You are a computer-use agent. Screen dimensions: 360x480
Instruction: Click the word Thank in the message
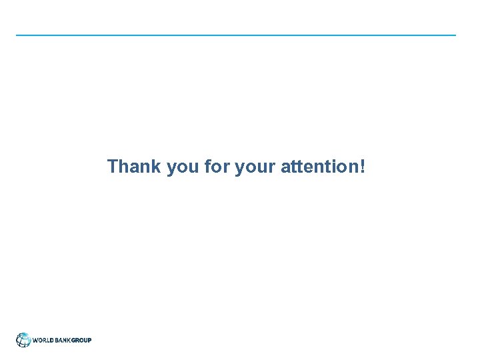134,166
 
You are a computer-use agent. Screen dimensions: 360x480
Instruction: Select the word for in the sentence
217,166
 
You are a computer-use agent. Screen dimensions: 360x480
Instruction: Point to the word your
255,167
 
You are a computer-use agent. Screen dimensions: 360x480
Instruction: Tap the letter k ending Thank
156,166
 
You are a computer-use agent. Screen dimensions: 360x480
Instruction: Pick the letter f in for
207,166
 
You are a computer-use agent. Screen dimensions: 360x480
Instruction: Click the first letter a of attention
286,167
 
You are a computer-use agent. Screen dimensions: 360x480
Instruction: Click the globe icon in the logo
23,340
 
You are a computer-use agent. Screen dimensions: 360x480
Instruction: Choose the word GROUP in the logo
81,340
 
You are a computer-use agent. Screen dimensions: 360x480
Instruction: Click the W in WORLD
35,340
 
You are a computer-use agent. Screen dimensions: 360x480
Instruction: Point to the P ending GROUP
89,340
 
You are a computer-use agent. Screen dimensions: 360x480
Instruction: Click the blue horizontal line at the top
236,35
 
